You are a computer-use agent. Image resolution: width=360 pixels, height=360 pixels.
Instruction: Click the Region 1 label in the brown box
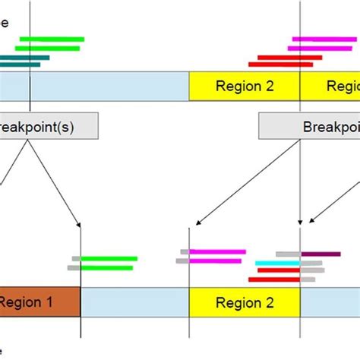pos(27,302)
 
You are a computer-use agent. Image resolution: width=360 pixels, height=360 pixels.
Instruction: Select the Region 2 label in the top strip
pos(245,86)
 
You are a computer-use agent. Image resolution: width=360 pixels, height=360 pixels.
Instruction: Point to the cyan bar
pos(278,263)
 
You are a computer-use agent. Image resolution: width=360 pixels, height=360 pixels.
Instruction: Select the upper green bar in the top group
pos(52,39)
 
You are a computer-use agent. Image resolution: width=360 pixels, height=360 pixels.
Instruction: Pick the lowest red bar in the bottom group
pos(274,279)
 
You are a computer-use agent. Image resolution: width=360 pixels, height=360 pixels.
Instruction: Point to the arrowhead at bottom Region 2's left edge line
pos(197,223)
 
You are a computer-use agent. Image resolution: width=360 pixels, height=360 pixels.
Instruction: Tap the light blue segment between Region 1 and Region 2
pos(134,302)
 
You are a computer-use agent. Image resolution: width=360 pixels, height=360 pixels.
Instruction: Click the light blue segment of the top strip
pos(106,86)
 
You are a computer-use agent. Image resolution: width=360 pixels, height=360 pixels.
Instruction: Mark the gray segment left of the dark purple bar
pos(289,254)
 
